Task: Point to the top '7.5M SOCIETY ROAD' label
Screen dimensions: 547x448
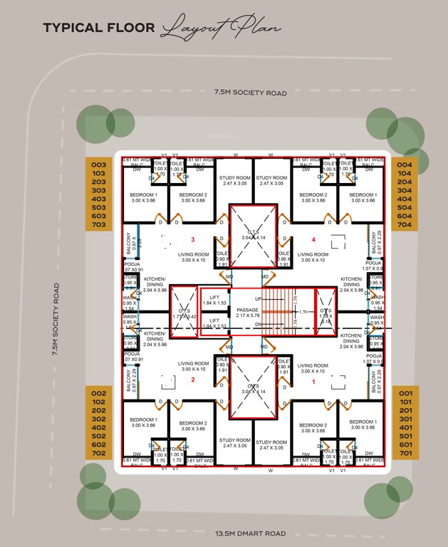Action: click(251, 92)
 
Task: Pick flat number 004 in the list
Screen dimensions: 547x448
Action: click(405, 163)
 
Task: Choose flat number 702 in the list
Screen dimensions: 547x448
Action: click(99, 454)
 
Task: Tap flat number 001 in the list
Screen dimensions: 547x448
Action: click(405, 393)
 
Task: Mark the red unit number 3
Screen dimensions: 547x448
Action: click(192, 239)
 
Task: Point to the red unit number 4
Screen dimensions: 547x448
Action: click(312, 239)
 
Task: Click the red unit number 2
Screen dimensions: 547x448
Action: click(192, 380)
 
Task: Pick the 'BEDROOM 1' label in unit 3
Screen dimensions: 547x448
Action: click(144, 197)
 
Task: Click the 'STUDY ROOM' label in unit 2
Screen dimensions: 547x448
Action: click(234, 444)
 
